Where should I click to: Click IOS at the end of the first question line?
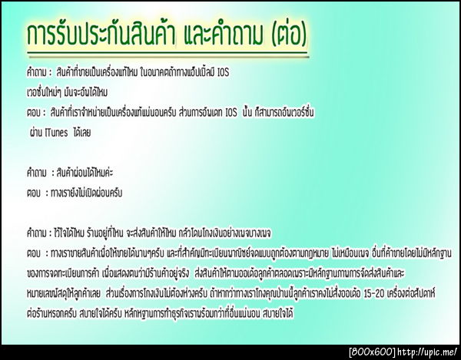click(220, 72)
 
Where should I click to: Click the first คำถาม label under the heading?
click(37, 72)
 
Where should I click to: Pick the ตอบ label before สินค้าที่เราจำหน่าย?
click(33, 113)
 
